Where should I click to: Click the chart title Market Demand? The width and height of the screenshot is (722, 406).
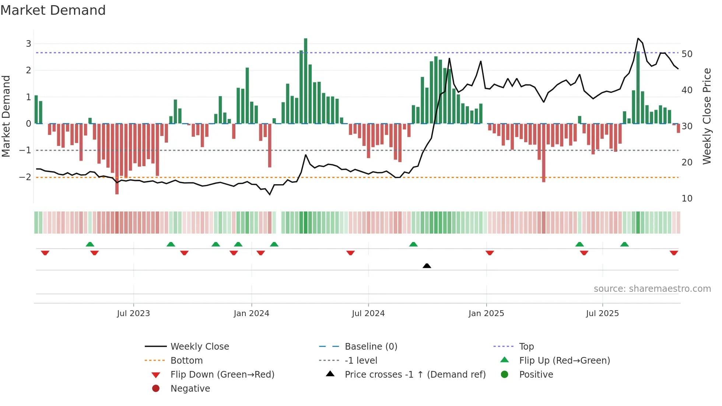(x=53, y=10)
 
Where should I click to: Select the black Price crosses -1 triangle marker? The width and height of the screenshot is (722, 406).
(x=427, y=266)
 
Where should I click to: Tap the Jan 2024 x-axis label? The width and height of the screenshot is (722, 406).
(x=251, y=314)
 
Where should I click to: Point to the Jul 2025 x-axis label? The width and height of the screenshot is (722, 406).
(x=602, y=314)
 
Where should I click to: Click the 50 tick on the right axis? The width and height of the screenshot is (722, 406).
(x=687, y=54)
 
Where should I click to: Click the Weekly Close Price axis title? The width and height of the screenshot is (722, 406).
(x=707, y=116)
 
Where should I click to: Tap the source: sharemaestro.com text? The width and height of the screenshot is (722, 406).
(x=652, y=289)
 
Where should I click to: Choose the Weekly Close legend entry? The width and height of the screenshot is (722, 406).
(x=199, y=347)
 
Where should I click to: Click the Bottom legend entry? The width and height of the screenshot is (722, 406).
(x=186, y=361)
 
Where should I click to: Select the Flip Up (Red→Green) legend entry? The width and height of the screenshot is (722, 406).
(x=564, y=361)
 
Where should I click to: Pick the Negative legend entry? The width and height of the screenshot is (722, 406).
(x=190, y=389)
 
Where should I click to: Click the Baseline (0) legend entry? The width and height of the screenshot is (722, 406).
(x=371, y=347)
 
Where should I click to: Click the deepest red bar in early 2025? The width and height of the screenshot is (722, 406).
(x=543, y=153)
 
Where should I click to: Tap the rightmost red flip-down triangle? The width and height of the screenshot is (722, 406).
(x=674, y=253)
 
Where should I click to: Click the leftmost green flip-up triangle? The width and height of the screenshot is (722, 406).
(x=90, y=244)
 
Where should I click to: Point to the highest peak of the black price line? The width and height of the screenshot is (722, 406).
(x=638, y=39)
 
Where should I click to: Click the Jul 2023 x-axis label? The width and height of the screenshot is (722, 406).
(x=133, y=314)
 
